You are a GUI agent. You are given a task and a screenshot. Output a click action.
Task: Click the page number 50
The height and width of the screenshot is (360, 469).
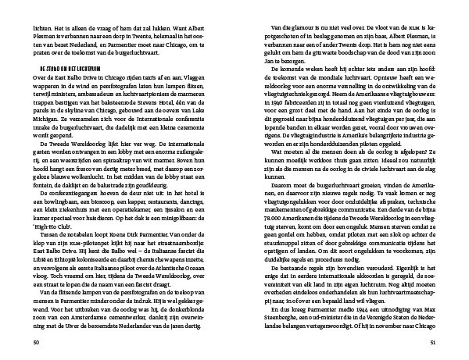point(34,340)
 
